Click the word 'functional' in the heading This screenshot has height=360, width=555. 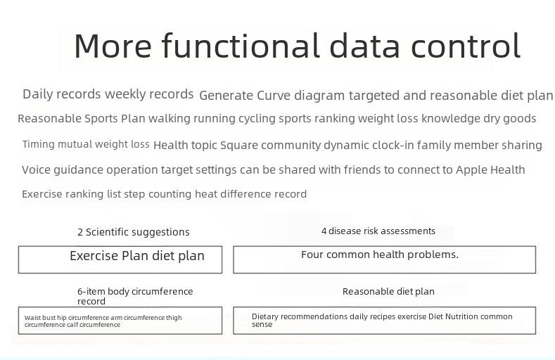point(241,45)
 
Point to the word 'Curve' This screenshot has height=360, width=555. point(274,96)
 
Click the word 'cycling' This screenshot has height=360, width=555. point(257,119)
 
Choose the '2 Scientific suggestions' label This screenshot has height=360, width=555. point(134,232)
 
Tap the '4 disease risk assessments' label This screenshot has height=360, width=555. point(378,231)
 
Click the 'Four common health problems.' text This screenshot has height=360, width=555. point(380,255)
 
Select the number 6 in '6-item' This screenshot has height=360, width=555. point(79,291)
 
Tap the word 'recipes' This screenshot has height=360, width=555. point(383,317)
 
